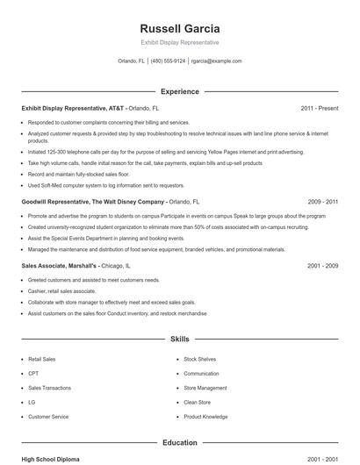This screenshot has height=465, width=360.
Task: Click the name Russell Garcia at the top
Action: (x=180, y=27)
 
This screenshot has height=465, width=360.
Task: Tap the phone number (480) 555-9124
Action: (x=168, y=61)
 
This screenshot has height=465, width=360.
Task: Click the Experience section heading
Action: (x=180, y=91)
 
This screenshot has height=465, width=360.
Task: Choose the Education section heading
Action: (x=180, y=443)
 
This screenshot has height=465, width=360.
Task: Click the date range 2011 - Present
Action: (x=320, y=108)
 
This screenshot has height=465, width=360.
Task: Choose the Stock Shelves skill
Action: (x=201, y=360)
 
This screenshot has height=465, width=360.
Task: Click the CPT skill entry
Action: (x=34, y=374)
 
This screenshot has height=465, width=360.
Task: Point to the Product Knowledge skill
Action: (x=207, y=416)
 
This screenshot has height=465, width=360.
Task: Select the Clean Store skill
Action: (x=198, y=402)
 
